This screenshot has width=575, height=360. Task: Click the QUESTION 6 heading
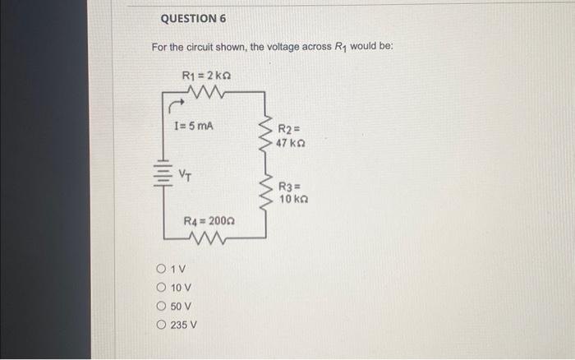coord(193,18)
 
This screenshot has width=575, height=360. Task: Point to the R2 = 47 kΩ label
coord(290,136)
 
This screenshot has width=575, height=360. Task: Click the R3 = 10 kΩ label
coord(291,192)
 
